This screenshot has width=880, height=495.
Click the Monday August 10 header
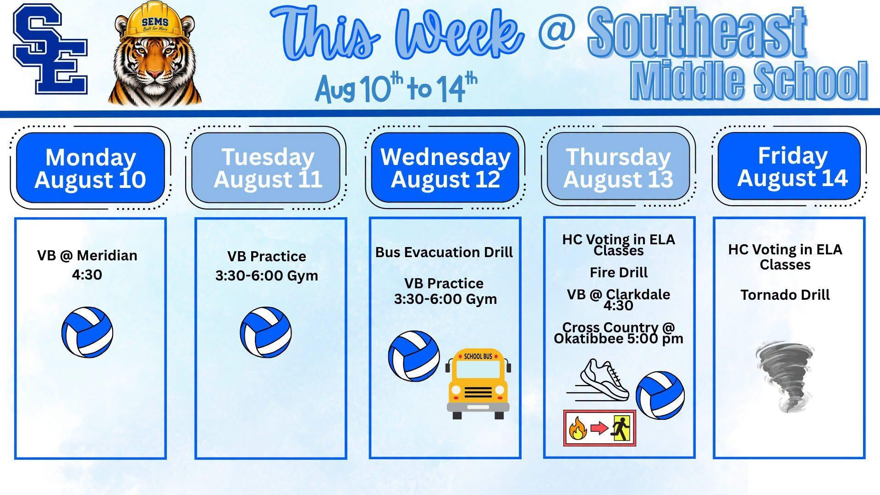(90, 168)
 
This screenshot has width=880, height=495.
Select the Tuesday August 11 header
(267, 168)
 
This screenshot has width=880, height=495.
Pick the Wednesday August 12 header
(445, 168)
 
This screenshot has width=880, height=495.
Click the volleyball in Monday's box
(87, 332)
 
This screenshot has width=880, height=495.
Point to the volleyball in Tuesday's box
(266, 332)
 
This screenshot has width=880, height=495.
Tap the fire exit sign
(600, 428)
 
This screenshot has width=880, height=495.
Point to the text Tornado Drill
(785, 295)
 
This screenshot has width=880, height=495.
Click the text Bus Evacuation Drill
(444, 252)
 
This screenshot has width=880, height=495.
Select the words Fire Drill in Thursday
(619, 272)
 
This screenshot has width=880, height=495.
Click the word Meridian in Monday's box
(107, 255)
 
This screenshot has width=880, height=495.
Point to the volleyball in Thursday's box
(660, 395)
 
